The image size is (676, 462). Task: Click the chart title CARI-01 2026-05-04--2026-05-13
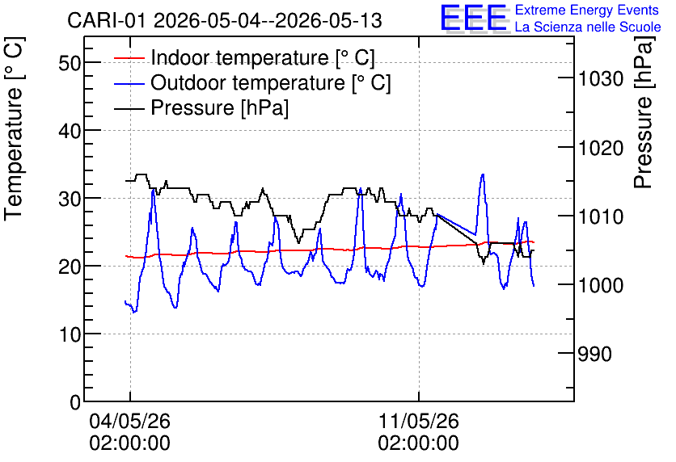click(225, 20)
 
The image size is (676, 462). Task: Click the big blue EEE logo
click(474, 18)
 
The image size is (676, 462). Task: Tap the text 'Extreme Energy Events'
click(587, 10)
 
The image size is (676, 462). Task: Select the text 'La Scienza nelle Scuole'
click(588, 27)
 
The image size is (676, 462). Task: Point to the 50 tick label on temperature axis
click(70, 63)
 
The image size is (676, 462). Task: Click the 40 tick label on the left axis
click(70, 131)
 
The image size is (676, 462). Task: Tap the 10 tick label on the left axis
click(70, 334)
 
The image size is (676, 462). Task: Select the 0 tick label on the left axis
click(75, 402)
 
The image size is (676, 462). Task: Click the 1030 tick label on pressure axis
click(601, 79)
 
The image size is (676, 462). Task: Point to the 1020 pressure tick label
click(601, 148)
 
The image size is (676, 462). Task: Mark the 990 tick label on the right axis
click(594, 354)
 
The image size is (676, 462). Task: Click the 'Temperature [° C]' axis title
click(15, 128)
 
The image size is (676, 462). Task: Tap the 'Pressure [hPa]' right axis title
click(644, 112)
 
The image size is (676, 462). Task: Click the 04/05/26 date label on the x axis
click(129, 421)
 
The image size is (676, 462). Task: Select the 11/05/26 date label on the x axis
click(419, 421)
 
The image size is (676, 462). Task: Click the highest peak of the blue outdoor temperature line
click(483, 174)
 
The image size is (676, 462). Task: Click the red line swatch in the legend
click(129, 57)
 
